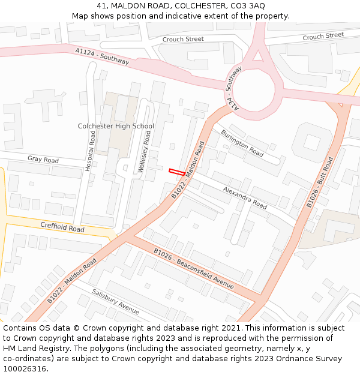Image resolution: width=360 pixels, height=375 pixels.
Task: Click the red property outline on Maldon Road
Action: [177, 172]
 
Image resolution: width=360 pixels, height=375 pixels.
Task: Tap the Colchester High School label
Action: [116, 126]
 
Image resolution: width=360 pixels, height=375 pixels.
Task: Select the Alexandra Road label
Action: [245, 197]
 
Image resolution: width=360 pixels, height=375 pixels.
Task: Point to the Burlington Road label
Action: [242, 143]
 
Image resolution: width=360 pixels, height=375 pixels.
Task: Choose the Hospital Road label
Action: [91, 151]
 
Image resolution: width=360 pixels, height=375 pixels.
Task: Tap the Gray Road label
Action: [43, 160]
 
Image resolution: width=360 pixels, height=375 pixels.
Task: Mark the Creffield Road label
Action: [62, 227]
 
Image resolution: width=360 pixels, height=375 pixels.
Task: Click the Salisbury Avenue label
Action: [116, 302]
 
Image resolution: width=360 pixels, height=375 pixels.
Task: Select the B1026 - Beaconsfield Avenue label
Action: [193, 268]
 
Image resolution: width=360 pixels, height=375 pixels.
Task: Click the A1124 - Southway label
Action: [102, 56]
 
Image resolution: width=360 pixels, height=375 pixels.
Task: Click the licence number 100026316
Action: [25, 369]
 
